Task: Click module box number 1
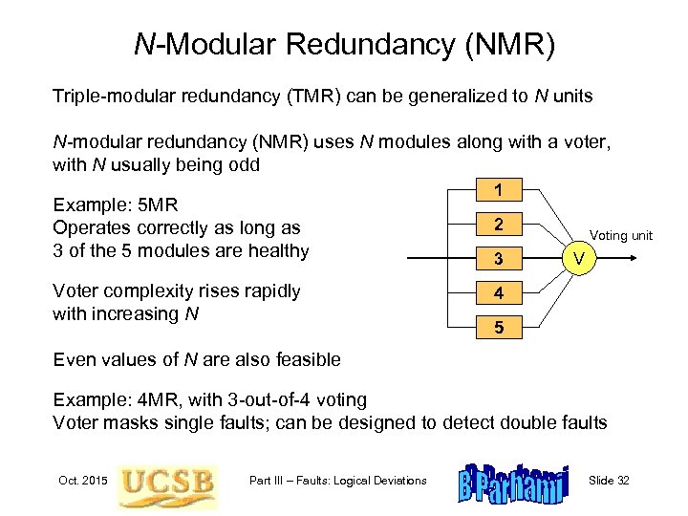pos(499,190)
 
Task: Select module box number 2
pos(499,225)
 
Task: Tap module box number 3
pos(499,259)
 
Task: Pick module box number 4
pos(499,293)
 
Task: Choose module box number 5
pos(499,328)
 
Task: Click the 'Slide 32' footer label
pos(609,480)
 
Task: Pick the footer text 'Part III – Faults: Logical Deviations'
pos(337,480)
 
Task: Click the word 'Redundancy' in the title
pos(377,44)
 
